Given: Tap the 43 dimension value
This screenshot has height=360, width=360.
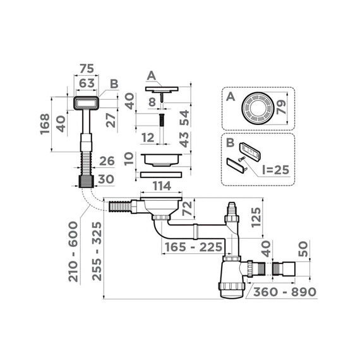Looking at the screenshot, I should tap(183, 140).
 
